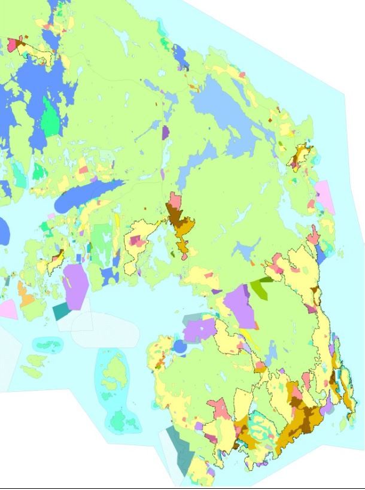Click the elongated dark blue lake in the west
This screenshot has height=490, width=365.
click(x=90, y=195)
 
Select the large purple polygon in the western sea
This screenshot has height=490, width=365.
click(x=75, y=286)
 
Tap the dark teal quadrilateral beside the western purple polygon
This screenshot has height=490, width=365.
click(x=61, y=311)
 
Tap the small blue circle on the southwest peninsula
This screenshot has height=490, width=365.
click(x=180, y=346)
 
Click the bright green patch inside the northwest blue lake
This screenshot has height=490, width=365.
click(x=52, y=119)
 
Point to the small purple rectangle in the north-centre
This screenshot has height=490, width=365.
click(x=165, y=132)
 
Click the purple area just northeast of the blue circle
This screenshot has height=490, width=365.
click(x=198, y=330)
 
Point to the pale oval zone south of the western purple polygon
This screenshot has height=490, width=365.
click(x=96, y=329)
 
